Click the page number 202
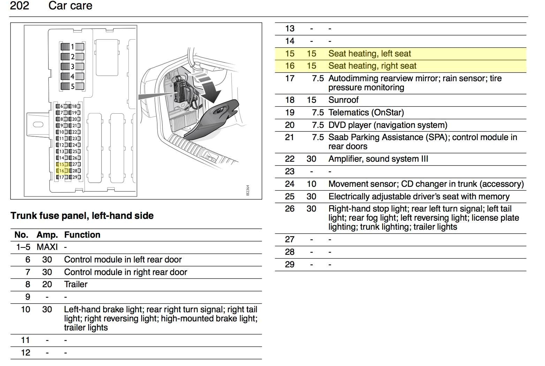click(20, 6)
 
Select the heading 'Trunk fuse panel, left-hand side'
click(82, 216)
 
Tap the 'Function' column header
click(82, 235)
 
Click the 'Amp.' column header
click(47, 235)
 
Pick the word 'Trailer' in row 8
click(76, 284)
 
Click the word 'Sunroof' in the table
click(343, 100)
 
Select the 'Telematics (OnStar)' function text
click(366, 113)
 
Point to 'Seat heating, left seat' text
click(369, 54)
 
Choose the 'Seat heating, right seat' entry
click(372, 66)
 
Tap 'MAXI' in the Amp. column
click(47, 247)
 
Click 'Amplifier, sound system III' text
click(378, 159)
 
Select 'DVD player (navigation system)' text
click(387, 125)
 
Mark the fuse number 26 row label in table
click(289, 209)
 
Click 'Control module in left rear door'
click(123, 260)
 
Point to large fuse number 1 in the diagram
click(72, 47)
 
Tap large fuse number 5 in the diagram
click(72, 86)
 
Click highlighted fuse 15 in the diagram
click(61, 165)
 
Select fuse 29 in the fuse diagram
click(75, 177)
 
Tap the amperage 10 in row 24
click(311, 184)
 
